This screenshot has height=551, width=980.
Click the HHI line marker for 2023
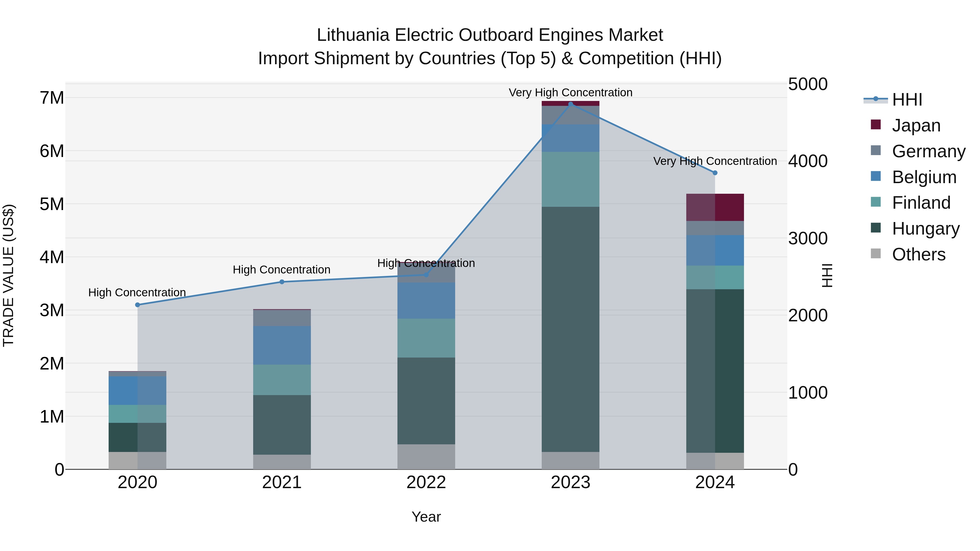click(x=570, y=104)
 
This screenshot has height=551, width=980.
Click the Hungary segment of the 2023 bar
click(x=570, y=329)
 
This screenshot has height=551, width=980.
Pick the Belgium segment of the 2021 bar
click(x=282, y=345)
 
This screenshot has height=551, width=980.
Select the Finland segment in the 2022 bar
click(x=426, y=338)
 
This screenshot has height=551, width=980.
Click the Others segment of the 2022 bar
click(x=426, y=456)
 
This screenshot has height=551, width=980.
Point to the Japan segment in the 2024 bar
click(x=715, y=207)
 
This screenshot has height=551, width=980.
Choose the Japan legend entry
click(x=916, y=125)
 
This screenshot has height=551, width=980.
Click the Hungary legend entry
click(x=925, y=229)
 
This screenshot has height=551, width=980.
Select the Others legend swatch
click(x=876, y=254)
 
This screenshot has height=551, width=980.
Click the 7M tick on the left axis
click(x=52, y=98)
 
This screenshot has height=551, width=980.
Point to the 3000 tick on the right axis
click(x=808, y=238)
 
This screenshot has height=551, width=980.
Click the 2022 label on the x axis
click(x=426, y=482)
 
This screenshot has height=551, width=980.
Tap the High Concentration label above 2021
click(x=281, y=270)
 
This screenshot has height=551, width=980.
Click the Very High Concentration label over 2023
click(x=570, y=93)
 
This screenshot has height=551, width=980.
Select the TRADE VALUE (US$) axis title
click(x=8, y=275)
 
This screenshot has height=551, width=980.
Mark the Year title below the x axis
click(x=426, y=517)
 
